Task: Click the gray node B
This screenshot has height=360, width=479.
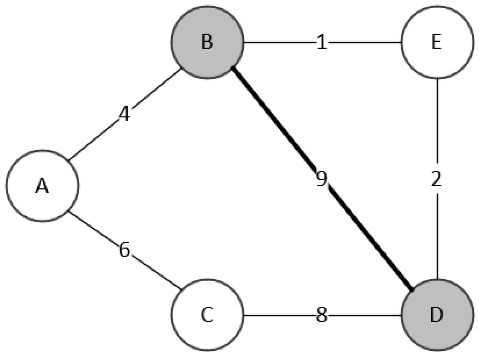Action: [207, 42]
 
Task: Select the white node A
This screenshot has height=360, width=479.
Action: [42, 185]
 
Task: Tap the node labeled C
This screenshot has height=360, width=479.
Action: [207, 315]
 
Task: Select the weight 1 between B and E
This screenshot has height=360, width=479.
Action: [322, 44]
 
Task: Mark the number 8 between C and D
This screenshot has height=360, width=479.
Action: [322, 315]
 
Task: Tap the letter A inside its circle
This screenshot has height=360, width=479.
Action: [42, 186]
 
